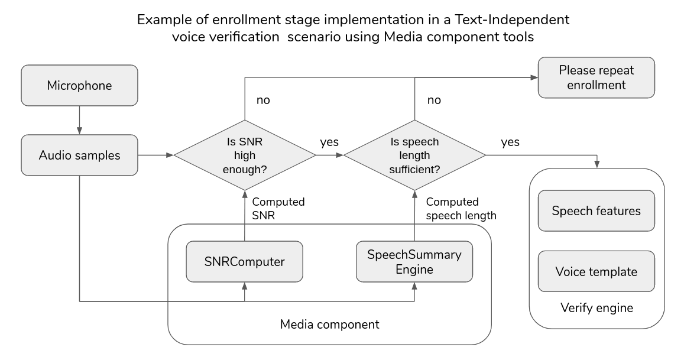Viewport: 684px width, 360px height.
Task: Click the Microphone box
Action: pos(79,85)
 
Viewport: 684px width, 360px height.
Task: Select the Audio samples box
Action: pos(79,155)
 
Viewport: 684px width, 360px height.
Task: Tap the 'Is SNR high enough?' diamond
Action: pos(245,155)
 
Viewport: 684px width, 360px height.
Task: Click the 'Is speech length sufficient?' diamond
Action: pos(414,155)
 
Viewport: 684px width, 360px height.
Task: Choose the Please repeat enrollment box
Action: pos(596,77)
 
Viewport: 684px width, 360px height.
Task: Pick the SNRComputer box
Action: pos(245,261)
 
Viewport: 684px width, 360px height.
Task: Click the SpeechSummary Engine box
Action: pos(414,261)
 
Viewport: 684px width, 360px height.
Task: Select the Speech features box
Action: pos(596,210)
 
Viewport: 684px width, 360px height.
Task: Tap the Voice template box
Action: pos(596,272)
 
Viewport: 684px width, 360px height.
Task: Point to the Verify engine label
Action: pos(596,307)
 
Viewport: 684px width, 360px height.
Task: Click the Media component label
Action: pos(329,325)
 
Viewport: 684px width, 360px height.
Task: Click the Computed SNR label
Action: pos(278,209)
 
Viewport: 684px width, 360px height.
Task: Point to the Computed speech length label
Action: pos(460,209)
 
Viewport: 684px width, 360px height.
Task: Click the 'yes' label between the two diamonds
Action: pos(329,142)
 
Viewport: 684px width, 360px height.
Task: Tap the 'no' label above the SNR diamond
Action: pos(263,100)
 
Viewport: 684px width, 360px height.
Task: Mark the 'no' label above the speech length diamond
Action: pos(433,100)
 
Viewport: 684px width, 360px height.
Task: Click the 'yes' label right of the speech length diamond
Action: pos(510,142)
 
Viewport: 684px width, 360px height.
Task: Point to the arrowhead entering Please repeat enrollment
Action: pos(533,77)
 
